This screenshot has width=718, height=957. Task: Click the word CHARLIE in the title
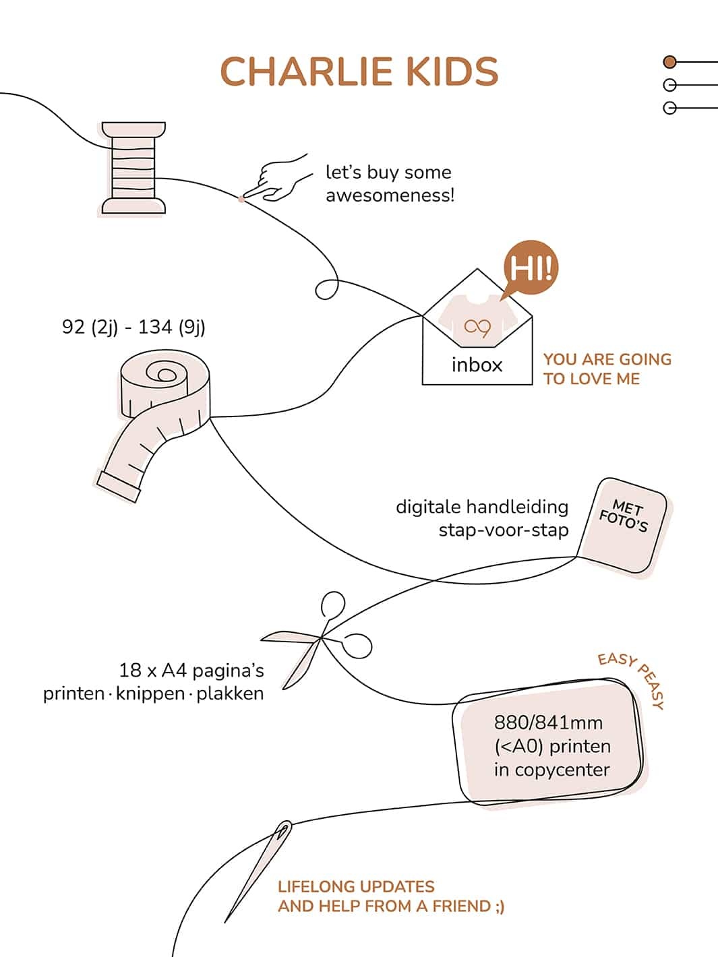(307, 72)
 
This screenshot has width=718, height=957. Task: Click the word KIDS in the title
(453, 72)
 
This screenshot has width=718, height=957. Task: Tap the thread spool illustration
(133, 168)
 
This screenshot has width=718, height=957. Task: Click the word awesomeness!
(390, 195)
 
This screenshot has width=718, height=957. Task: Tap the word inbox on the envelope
(477, 365)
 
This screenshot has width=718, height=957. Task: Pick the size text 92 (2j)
(90, 327)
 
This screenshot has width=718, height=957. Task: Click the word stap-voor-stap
(503, 530)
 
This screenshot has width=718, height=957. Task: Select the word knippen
(150, 693)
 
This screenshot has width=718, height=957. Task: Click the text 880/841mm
(548, 722)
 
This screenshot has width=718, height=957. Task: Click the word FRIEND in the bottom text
(461, 906)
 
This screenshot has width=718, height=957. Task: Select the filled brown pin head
(669, 62)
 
